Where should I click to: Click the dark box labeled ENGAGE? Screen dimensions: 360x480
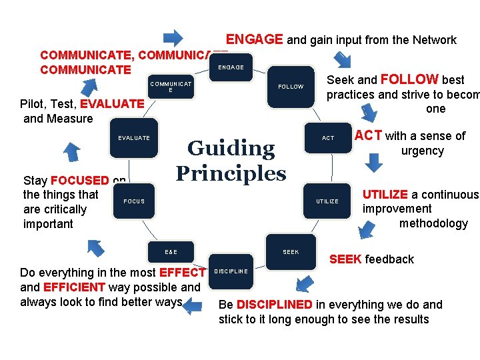pyautogui.click(x=231, y=67)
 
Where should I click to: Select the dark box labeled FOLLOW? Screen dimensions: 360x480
pyautogui.click(x=291, y=87)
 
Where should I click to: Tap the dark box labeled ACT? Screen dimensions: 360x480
pyautogui.click(x=328, y=138)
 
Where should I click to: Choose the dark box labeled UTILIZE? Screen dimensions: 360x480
pyautogui.click(x=327, y=201)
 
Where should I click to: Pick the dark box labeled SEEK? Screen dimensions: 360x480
pyautogui.click(x=291, y=252)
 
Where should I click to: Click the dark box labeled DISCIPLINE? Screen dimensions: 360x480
pyautogui.click(x=231, y=271)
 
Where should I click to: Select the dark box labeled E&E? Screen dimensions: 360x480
pyautogui.click(x=171, y=252)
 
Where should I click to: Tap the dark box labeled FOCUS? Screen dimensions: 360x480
pyautogui.click(x=134, y=201)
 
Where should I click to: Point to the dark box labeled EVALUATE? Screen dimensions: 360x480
pyautogui.click(x=134, y=138)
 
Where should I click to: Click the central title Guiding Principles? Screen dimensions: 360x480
pyautogui.click(x=231, y=161)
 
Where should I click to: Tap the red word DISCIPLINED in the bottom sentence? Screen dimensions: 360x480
pyautogui.click(x=274, y=305)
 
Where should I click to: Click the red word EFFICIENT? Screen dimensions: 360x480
pyautogui.click(x=74, y=287)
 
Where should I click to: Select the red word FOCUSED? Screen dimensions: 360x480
pyautogui.click(x=79, y=181)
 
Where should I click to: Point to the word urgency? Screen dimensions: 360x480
pyautogui.click(x=422, y=151)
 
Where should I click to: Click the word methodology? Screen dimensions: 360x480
pyautogui.click(x=433, y=223)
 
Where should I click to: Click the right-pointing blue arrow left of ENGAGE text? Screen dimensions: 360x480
pyautogui.click(x=174, y=37)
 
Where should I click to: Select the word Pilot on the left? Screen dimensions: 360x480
pyautogui.click(x=33, y=104)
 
